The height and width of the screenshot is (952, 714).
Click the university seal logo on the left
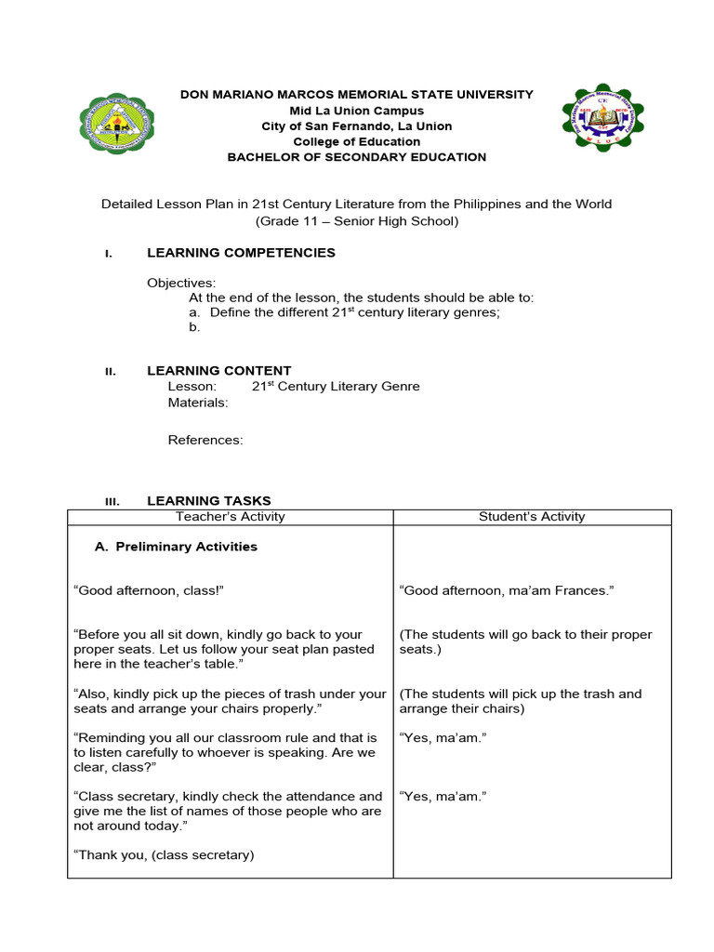[117, 124]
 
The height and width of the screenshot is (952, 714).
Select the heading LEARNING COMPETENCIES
[241, 253]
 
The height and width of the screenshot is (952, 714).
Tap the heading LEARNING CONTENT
[219, 370]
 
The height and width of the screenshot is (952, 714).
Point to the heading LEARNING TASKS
[209, 501]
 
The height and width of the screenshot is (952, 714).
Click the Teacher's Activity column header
[231, 517]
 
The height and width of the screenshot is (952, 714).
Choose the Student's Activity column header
[532, 517]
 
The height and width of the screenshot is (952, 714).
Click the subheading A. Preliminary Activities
[176, 547]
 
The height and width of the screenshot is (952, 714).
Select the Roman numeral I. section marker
[109, 254]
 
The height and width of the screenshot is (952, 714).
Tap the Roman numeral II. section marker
[110, 371]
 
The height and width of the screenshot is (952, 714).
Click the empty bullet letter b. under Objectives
[194, 327]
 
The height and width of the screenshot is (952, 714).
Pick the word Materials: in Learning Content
[197, 403]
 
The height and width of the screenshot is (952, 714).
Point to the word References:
[205, 441]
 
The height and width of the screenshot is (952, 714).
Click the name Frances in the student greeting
[585, 590]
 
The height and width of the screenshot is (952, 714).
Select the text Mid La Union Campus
[357, 111]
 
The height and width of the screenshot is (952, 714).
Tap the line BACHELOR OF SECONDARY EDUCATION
[357, 157]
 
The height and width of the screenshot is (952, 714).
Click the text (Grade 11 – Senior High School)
[357, 220]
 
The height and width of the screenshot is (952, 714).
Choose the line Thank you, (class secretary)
[164, 855]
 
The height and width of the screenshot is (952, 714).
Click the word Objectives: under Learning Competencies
[181, 283]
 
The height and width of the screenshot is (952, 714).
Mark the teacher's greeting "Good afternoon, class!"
[149, 590]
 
